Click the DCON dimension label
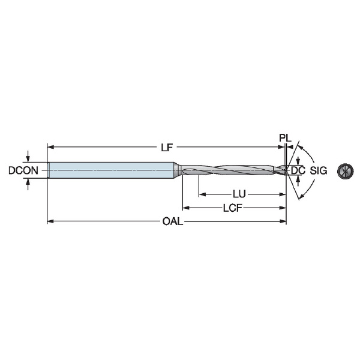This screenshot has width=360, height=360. (x=23, y=170)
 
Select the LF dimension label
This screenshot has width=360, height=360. (x=167, y=148)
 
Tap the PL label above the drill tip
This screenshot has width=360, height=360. (x=285, y=138)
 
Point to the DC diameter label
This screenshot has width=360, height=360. (x=298, y=170)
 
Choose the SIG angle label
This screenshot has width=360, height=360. (x=319, y=170)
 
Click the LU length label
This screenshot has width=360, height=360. (x=239, y=194)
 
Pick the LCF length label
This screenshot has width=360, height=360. (x=233, y=208)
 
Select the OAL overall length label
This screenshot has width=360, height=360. (x=173, y=221)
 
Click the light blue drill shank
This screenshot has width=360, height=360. (x=111, y=170)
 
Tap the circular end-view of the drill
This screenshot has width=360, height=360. (x=345, y=171)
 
